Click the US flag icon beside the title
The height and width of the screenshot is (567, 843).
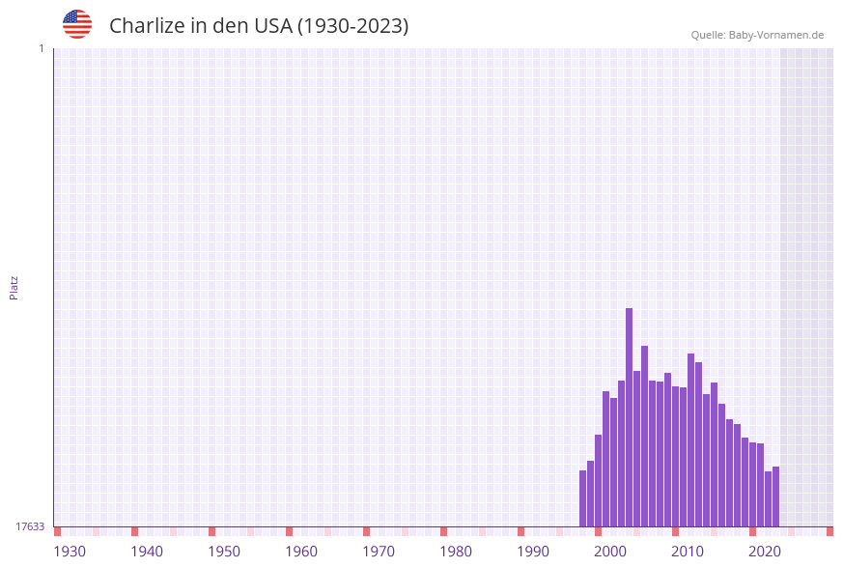[x=77, y=24]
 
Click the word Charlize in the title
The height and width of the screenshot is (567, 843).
[x=146, y=26]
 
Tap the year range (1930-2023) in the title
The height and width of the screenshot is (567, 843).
[x=352, y=26]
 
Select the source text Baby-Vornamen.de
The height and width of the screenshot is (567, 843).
[x=776, y=35]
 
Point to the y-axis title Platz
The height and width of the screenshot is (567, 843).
[x=14, y=287]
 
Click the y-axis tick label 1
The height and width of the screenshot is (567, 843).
[x=41, y=48]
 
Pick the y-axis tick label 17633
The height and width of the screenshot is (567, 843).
[x=30, y=526]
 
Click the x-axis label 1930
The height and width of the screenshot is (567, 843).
[x=70, y=552]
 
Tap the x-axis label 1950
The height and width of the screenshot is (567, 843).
[x=224, y=552]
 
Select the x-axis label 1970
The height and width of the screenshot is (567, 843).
[x=379, y=552]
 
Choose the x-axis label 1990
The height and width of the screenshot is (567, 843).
[x=533, y=552]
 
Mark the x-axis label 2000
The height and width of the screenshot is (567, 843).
[x=610, y=552]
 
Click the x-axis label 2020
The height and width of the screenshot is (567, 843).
[x=765, y=552]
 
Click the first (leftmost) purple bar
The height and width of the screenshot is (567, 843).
[x=583, y=498]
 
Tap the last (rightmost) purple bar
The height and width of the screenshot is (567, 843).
[x=776, y=496]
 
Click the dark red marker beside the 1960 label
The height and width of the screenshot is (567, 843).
[x=289, y=531]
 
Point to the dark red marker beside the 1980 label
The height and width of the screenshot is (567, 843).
[x=443, y=531]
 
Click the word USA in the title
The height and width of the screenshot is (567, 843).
[x=272, y=26]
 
